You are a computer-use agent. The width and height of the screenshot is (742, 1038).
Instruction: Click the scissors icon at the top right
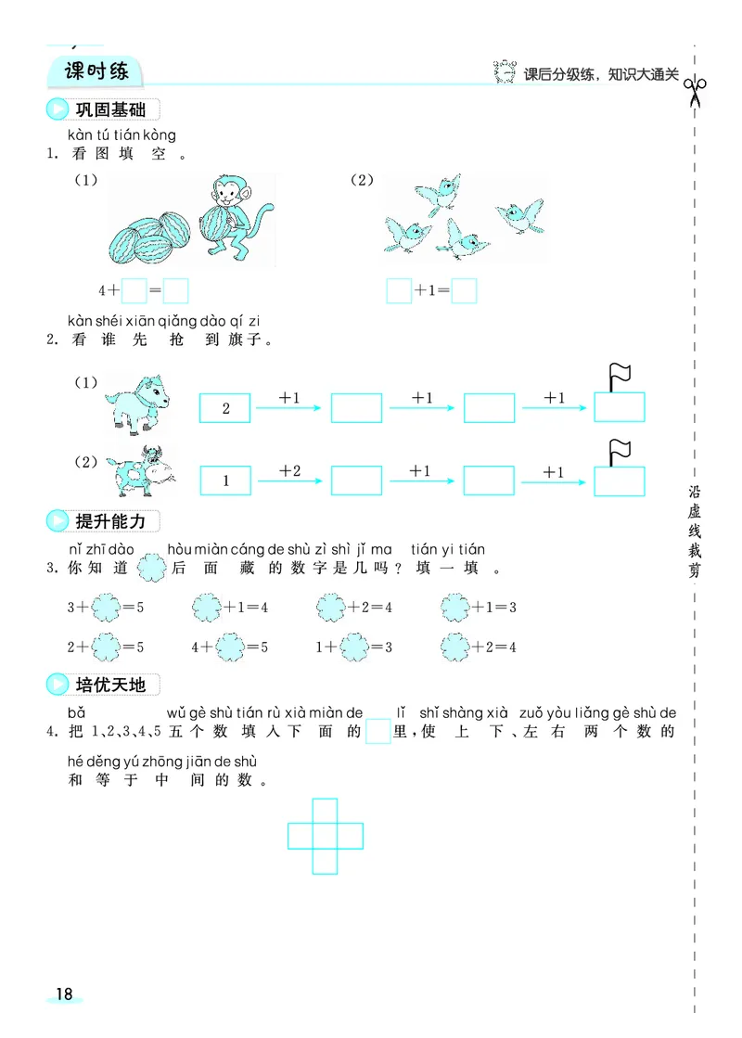695,90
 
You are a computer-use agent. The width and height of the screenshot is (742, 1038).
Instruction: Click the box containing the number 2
225,408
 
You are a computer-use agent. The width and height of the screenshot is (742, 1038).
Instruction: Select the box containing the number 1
225,481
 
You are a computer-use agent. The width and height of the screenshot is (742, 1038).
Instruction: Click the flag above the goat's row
620,376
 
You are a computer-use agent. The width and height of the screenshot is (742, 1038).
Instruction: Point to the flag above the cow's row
620,450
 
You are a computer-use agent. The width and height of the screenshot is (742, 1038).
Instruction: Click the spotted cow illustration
139,471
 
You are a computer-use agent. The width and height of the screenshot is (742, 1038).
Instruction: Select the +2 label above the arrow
290,471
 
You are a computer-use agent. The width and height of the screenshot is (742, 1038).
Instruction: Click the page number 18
63,993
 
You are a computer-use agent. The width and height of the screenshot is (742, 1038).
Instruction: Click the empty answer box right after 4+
134,291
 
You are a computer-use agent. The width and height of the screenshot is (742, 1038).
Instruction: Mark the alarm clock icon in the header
505,72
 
